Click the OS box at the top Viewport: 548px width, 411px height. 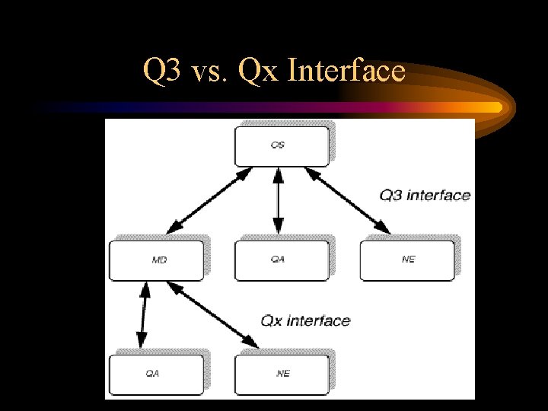point(281,145)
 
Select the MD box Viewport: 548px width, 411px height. point(157,260)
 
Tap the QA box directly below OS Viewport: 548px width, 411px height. point(281,260)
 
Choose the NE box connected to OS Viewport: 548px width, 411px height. point(406,260)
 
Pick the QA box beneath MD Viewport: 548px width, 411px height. point(157,374)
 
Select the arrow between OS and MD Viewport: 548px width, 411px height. point(209,199)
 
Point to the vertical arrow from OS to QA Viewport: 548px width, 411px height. point(278,199)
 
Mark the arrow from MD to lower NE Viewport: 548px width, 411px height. point(212,315)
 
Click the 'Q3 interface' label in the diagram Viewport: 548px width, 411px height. point(425,196)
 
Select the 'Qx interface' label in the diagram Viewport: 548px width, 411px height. point(305,320)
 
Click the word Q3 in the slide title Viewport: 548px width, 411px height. point(161,72)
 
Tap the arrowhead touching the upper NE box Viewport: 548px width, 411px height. point(384,229)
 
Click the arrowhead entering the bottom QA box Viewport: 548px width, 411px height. point(141,344)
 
